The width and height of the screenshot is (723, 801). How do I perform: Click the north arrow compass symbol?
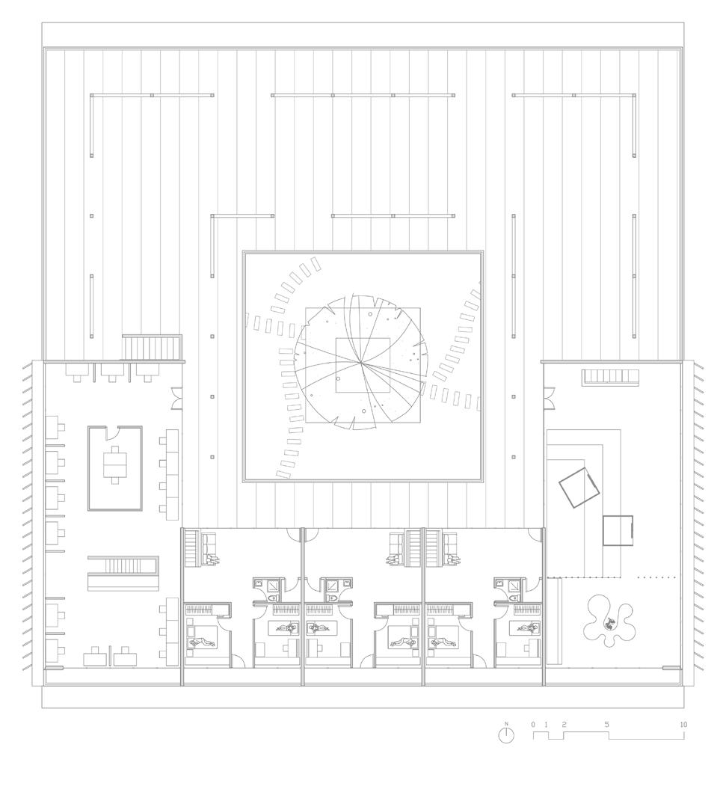click(x=506, y=734)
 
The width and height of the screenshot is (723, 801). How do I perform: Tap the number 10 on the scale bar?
click(x=683, y=725)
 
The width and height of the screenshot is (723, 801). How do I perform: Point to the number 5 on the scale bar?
click(x=606, y=725)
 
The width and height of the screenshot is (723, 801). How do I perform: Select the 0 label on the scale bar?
click(x=533, y=725)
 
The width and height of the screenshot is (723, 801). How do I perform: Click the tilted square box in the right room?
click(x=579, y=487)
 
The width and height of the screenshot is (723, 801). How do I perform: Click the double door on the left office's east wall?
click(x=176, y=398)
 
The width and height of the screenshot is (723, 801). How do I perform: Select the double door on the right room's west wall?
click(x=549, y=398)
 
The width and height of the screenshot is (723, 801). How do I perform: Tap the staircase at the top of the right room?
click(x=611, y=376)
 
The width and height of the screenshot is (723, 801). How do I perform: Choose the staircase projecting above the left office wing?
click(x=153, y=348)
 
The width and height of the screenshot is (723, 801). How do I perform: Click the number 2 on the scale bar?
click(x=564, y=725)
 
